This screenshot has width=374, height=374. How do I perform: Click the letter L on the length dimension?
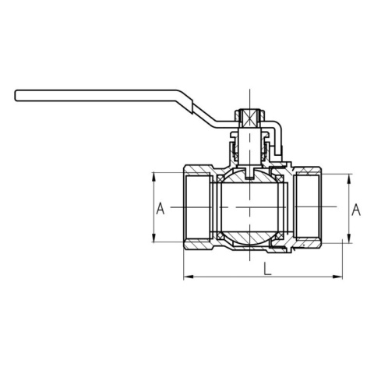coord(266,269)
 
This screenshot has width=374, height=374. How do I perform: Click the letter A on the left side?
coord(160,208)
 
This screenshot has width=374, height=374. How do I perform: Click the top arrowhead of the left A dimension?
coord(153,176)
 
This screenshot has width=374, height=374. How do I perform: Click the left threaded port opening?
coord(195,208)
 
